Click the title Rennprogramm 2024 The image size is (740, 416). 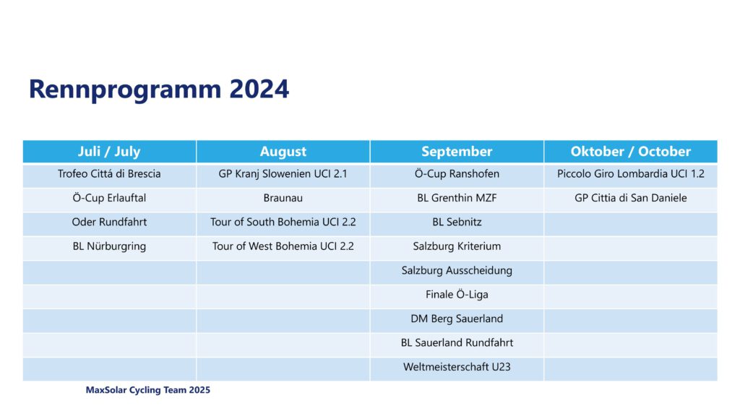point(158,89)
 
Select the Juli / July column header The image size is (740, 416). point(109,152)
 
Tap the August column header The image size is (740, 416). point(283,152)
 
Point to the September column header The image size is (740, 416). point(457,152)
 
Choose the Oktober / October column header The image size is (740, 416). point(630,152)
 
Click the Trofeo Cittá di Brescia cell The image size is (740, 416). point(109,173)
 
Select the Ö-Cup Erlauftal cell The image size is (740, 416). point(109,198)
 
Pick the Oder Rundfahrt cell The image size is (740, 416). point(109,222)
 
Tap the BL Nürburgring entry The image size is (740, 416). point(109,246)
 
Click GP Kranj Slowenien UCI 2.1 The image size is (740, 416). point(283,173)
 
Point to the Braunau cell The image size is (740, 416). point(283,198)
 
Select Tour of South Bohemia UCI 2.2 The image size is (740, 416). point(283,222)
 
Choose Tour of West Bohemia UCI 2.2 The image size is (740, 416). point(283,246)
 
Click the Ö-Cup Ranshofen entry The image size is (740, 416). point(457,173)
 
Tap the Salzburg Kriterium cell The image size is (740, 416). point(457,246)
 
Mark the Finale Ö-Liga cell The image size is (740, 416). point(457,295)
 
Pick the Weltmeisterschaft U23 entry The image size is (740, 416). point(457,366)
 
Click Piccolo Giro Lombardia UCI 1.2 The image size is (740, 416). point(630,173)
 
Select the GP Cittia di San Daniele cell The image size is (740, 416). point(630,198)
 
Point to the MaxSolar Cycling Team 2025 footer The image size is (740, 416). point(147,390)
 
